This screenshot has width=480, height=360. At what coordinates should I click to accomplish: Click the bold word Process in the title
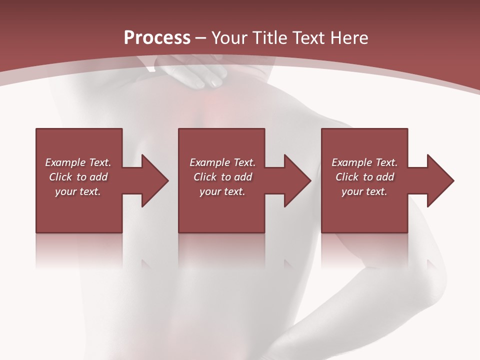click(156, 37)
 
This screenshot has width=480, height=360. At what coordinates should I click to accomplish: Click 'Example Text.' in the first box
click(78, 162)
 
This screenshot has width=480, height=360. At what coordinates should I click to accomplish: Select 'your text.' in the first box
click(78, 191)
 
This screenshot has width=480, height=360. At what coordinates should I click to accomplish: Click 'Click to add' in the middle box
click(222, 177)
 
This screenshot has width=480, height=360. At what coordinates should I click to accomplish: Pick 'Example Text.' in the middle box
click(222, 162)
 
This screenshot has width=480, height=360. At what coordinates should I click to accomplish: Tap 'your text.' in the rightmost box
click(364, 191)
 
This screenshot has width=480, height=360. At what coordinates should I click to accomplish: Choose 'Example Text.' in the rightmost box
click(364, 162)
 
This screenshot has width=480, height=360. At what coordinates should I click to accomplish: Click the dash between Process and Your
click(201, 38)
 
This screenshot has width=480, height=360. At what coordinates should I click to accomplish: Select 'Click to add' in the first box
click(78, 177)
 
